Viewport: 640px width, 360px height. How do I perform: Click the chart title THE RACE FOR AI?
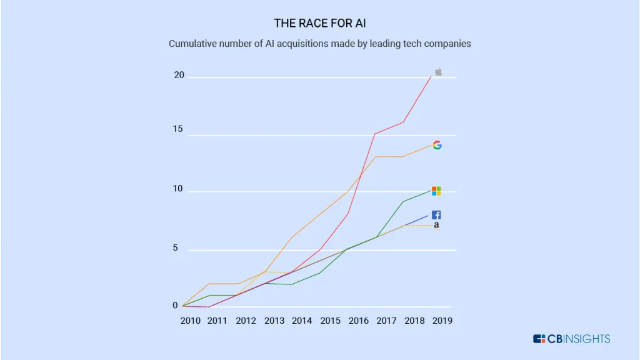coord(319,23)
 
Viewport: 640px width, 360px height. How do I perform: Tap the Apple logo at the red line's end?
coord(438,72)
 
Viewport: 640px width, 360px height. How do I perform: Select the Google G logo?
coord(437,145)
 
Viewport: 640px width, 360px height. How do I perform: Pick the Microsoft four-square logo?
coord(436,191)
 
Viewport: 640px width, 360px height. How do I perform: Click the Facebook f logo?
coord(436,215)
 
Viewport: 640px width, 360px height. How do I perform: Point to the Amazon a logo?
coord(436,225)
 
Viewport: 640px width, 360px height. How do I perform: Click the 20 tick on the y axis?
coord(179,75)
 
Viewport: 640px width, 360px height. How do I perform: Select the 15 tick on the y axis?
coord(179,129)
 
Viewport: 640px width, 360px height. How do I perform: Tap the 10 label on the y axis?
coord(179,189)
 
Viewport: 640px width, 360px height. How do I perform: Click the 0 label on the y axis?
coord(176,306)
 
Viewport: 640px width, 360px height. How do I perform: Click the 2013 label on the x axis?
coord(274,321)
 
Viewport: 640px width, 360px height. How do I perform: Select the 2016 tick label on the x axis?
coord(358,321)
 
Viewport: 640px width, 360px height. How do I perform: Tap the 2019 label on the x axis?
coord(442,321)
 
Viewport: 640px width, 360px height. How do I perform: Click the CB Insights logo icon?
coord(539,339)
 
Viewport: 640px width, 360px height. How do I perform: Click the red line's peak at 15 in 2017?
coord(374,134)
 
